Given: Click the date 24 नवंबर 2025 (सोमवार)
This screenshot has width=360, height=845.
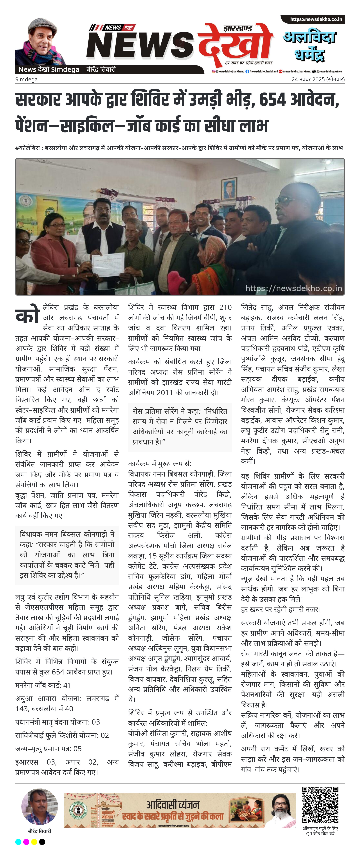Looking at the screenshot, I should point(318,79).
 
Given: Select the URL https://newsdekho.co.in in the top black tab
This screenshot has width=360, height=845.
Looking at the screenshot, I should point(316,19).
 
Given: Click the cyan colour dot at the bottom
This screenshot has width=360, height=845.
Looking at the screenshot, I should point(18,841).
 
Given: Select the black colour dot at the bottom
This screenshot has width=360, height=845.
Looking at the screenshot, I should point(42,841).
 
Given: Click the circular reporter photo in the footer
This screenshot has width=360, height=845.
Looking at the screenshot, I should point(39,807).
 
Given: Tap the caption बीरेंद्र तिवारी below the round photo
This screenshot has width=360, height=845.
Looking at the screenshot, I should point(39,831).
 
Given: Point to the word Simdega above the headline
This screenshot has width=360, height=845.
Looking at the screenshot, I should point(26,79).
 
